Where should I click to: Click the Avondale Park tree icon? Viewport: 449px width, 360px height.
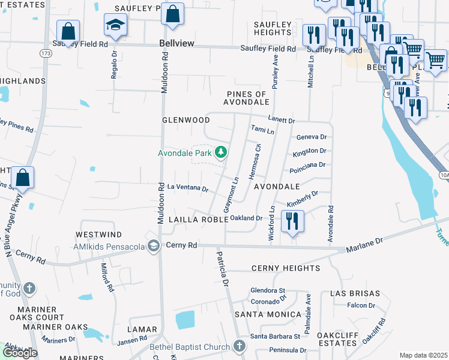click(x=221, y=152)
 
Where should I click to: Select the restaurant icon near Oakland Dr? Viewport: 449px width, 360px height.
click(x=292, y=220)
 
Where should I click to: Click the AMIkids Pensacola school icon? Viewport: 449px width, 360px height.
click(x=154, y=246)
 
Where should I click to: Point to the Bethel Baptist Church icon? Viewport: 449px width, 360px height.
click(x=239, y=346)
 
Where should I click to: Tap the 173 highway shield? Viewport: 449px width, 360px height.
click(x=46, y=53)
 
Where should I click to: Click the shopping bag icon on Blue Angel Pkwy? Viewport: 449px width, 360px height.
click(x=22, y=178)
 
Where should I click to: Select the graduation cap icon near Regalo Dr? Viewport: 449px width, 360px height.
click(x=113, y=25)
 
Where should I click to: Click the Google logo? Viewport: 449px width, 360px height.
click(x=20, y=353)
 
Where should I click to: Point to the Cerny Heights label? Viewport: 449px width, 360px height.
click(x=285, y=268)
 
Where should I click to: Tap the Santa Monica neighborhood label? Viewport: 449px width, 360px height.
click(x=268, y=314)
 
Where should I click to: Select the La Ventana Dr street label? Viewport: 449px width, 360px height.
click(x=187, y=188)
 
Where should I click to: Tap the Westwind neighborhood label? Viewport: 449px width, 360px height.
click(x=98, y=234)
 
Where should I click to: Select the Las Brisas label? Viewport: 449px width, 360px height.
click(x=355, y=293)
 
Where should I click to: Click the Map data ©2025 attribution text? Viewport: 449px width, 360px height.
click(x=423, y=355)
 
